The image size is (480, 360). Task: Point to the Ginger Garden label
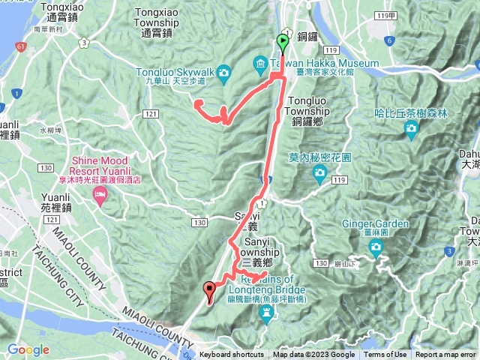click(x=376, y=223)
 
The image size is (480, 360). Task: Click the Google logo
click(x=28, y=349)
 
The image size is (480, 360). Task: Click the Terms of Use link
click(x=385, y=355)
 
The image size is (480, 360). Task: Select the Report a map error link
click(x=445, y=355)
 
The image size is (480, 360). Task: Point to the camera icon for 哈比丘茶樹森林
click(x=411, y=128)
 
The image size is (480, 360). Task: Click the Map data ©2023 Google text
click(x=313, y=355)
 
